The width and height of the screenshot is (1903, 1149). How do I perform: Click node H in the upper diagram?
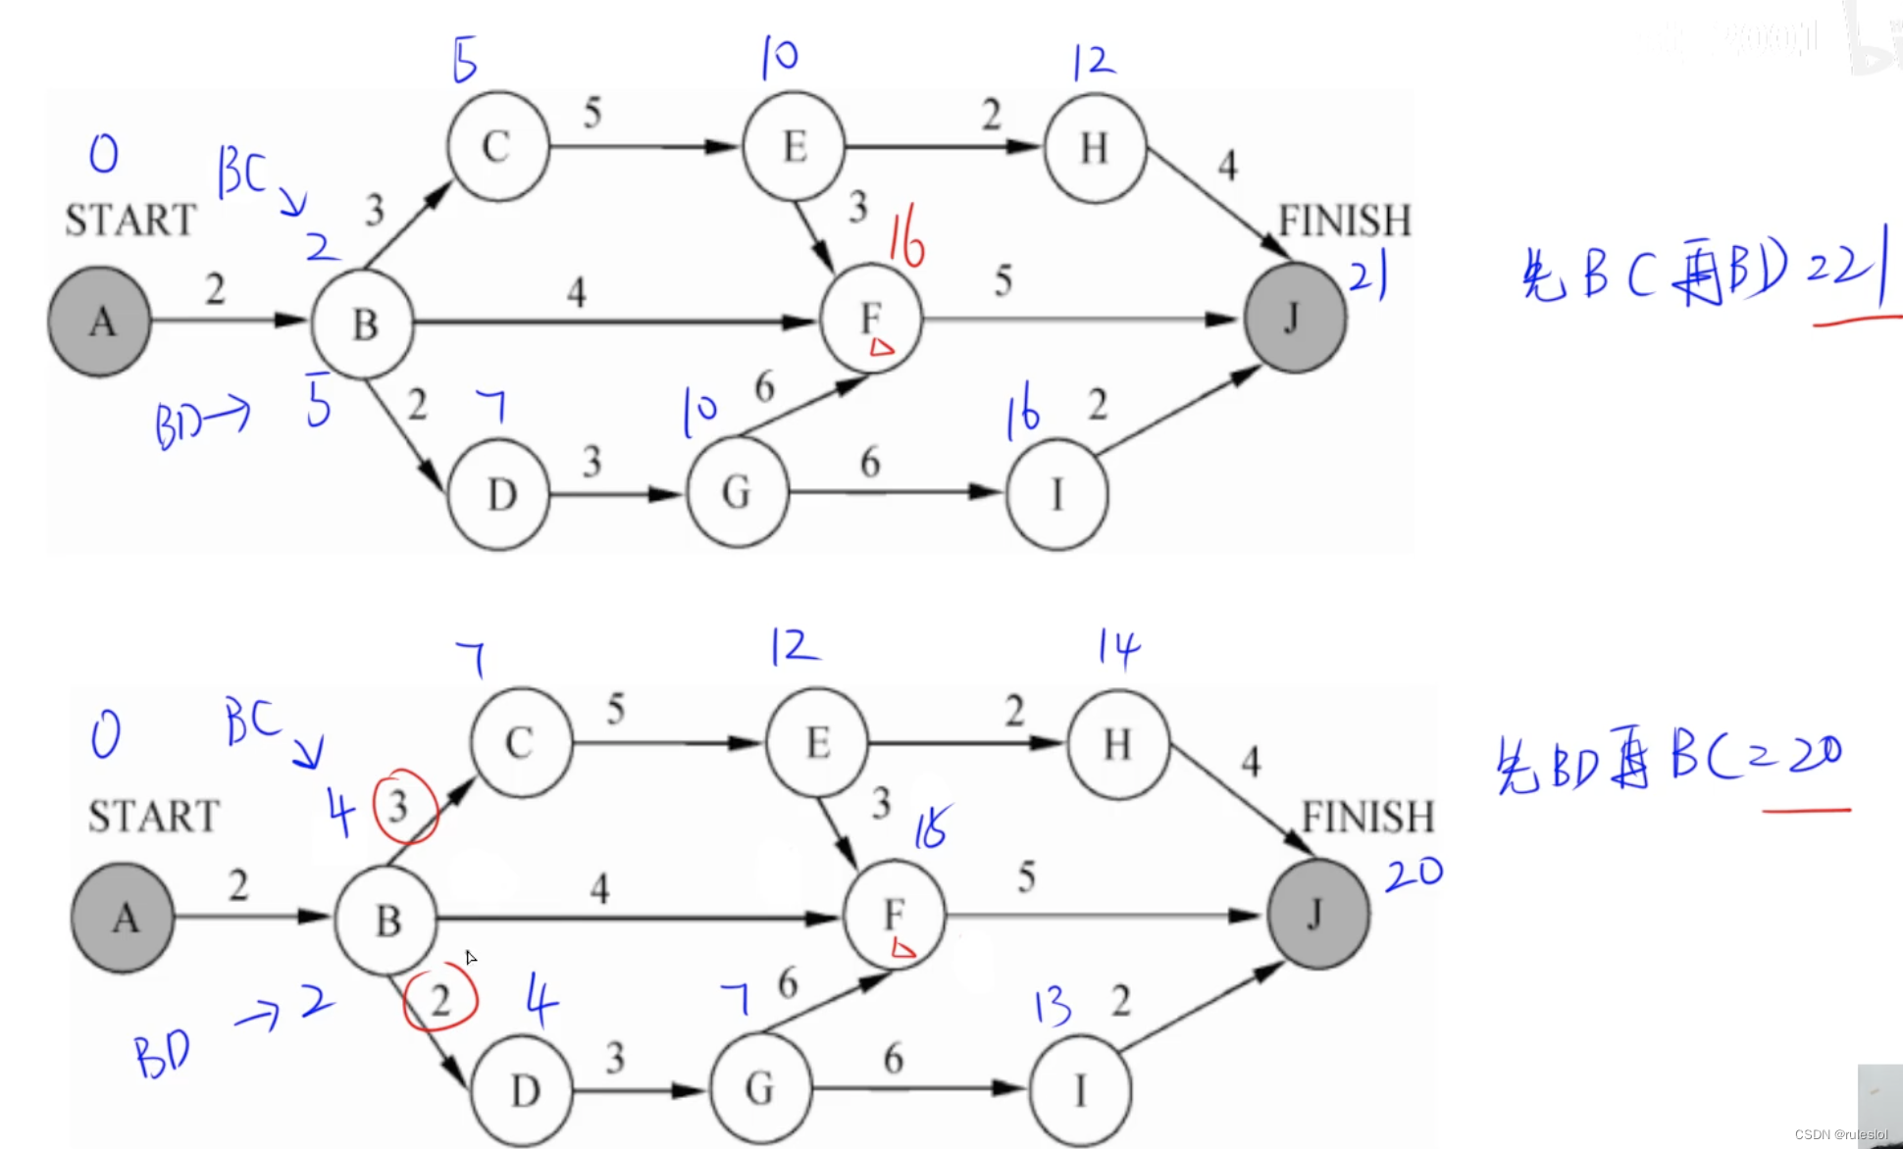click(x=1095, y=148)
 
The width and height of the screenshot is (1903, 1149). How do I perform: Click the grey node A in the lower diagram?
click(x=123, y=918)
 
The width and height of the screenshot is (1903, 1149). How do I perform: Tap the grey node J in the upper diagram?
click(x=1295, y=318)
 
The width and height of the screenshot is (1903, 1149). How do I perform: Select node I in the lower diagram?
click(x=1080, y=1089)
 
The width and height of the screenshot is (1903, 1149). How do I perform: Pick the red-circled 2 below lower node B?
click(x=441, y=999)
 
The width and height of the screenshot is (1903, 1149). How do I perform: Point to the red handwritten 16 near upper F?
click(x=907, y=241)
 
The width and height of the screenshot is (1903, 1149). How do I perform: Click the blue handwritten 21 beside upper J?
click(x=1368, y=275)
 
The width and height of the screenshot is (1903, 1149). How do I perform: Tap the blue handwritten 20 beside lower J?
click(x=1414, y=873)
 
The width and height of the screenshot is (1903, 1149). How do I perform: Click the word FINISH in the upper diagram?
click(x=1344, y=221)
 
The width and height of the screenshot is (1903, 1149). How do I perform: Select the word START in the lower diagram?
click(x=154, y=816)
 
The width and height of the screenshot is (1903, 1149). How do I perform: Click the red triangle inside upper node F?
click(x=881, y=346)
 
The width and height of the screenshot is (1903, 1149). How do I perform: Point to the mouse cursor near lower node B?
click(x=471, y=957)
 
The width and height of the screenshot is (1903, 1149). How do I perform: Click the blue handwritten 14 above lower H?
click(x=1118, y=647)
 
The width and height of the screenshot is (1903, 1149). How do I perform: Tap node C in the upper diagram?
click(x=497, y=147)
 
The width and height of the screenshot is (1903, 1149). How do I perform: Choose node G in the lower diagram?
click(x=760, y=1088)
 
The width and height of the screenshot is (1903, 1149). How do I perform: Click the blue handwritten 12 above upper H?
click(x=1093, y=63)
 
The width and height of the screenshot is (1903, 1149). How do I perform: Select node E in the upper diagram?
click(x=795, y=147)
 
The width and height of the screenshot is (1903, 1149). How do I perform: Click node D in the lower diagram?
click(x=524, y=1090)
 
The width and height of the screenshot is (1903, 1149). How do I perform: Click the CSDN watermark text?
click(x=1840, y=1134)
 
